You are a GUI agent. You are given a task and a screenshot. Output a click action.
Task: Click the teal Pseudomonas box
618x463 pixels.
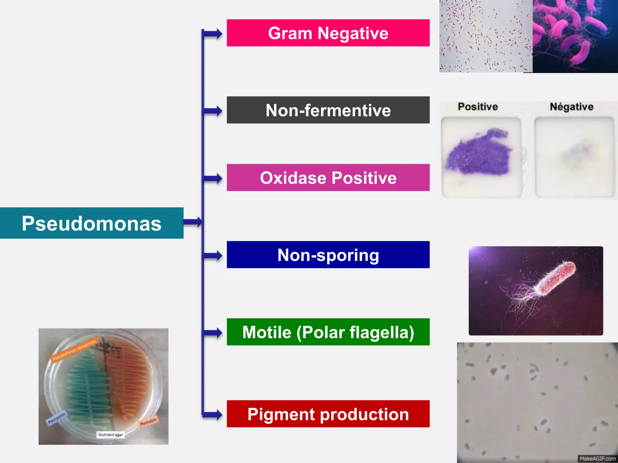pyautogui.click(x=91, y=223)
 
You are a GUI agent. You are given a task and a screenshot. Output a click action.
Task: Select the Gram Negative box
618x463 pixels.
pyautogui.click(x=328, y=33)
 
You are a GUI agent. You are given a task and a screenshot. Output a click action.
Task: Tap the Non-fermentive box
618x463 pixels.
pyautogui.click(x=328, y=110)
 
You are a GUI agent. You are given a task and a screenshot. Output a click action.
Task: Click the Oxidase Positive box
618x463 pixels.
pyautogui.click(x=328, y=178)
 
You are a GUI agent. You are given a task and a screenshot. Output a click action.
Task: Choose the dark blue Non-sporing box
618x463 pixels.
pyautogui.click(x=328, y=255)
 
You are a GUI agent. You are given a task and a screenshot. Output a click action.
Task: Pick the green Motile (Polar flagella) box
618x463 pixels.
pyautogui.click(x=328, y=332)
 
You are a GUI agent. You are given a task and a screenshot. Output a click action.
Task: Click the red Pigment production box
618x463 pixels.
pyautogui.click(x=328, y=414)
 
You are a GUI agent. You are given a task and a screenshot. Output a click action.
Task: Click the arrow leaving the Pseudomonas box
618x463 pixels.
pyautogui.click(x=193, y=222)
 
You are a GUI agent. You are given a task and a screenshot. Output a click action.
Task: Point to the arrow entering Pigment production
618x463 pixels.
pyautogui.click(x=214, y=415)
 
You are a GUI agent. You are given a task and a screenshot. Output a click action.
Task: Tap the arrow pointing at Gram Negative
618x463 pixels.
pyautogui.click(x=214, y=33)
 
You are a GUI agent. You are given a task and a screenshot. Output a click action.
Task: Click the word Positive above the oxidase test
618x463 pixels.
pyautogui.click(x=478, y=107)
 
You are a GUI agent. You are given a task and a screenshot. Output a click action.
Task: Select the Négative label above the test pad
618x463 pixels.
pyautogui.click(x=572, y=107)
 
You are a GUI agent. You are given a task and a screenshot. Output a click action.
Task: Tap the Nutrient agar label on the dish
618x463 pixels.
pyautogui.click(x=110, y=435)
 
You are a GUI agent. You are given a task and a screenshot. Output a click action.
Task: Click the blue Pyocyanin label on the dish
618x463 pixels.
pyautogui.click(x=56, y=418)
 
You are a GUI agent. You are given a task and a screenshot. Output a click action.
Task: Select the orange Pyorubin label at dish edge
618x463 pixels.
pyautogui.click(x=148, y=421)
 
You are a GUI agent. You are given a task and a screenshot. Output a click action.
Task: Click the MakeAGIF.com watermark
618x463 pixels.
pyautogui.click(x=597, y=458)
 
